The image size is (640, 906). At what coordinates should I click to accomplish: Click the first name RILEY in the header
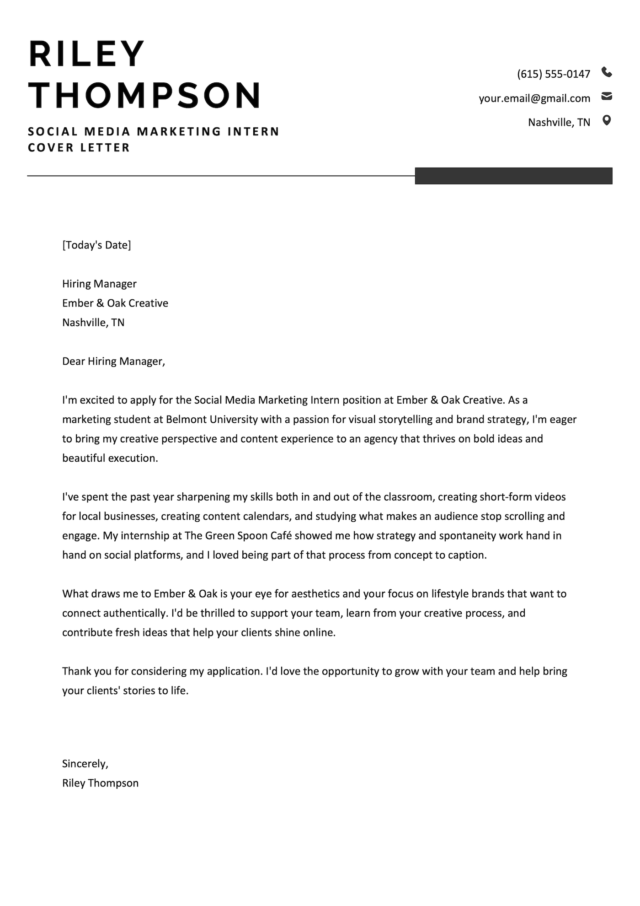coord(87,54)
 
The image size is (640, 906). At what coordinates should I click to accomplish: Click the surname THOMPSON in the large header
coord(145,95)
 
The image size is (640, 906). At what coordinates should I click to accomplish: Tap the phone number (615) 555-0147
coord(554,74)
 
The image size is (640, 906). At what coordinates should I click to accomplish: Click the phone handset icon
coord(607,72)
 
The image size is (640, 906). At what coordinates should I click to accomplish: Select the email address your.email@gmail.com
coord(534,98)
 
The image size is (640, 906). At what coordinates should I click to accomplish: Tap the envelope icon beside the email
coord(607,97)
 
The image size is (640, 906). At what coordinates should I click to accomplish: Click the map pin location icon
coord(607,121)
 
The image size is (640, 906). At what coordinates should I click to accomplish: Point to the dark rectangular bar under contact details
coord(513,176)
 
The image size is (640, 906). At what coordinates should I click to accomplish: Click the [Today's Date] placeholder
coord(96,245)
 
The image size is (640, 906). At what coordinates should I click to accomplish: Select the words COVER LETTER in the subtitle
coord(79,148)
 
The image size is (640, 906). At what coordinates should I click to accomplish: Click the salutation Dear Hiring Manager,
coord(113,361)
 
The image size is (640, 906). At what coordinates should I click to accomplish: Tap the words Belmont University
coord(212,420)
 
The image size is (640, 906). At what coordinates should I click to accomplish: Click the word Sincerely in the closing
coord(84,764)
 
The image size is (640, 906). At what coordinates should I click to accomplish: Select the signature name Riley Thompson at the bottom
coord(100,783)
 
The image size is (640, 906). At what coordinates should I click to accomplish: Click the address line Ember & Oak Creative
coord(115,303)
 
